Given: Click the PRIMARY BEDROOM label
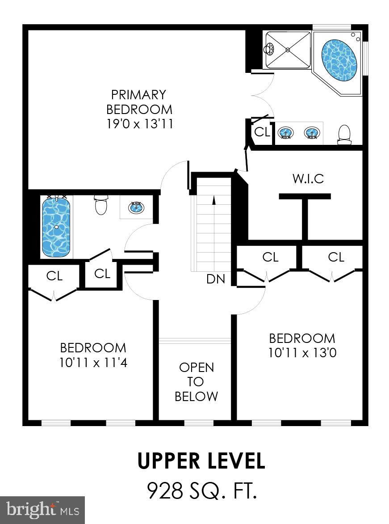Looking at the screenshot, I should pyautogui.click(x=139, y=102).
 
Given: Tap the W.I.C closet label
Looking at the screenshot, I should pyautogui.click(x=308, y=179).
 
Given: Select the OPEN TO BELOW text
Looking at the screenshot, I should pyautogui.click(x=196, y=381).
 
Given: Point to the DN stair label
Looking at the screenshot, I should pyautogui.click(x=215, y=279).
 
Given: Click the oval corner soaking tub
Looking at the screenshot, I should pyautogui.click(x=339, y=61).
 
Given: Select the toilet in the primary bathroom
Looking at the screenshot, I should pyautogui.click(x=344, y=135).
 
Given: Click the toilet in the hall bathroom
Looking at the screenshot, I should pyautogui.click(x=101, y=205).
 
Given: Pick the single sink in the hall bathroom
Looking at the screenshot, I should pyautogui.click(x=136, y=207).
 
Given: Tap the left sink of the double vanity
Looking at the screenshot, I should pyautogui.click(x=286, y=132).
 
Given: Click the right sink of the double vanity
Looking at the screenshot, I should pyautogui.click(x=312, y=132).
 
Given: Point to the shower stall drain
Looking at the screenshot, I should pyautogui.click(x=288, y=49).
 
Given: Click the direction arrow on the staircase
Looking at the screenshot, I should pyautogui.click(x=213, y=200).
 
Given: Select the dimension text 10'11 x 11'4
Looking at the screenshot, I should pyautogui.click(x=93, y=363).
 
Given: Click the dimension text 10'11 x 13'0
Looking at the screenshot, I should pyautogui.click(x=302, y=353).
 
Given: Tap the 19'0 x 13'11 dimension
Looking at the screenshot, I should pyautogui.click(x=139, y=124).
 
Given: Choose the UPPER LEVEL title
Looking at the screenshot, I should pyautogui.click(x=201, y=461).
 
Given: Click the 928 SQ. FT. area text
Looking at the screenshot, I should pyautogui.click(x=202, y=490).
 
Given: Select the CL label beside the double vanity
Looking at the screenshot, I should pyautogui.click(x=262, y=132).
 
